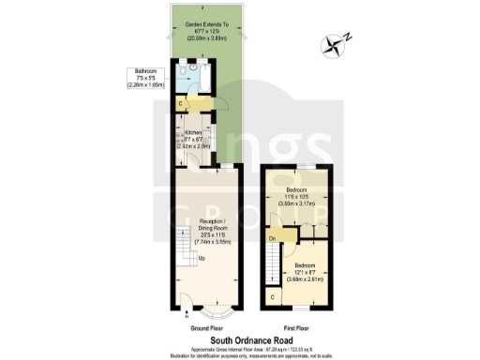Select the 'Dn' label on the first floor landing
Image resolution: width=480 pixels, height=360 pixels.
pyautogui.click(x=271, y=239)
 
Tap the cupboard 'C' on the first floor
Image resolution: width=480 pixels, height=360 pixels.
pyautogui.click(x=272, y=297)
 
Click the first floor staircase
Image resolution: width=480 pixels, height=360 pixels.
pyautogui.click(x=271, y=268)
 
